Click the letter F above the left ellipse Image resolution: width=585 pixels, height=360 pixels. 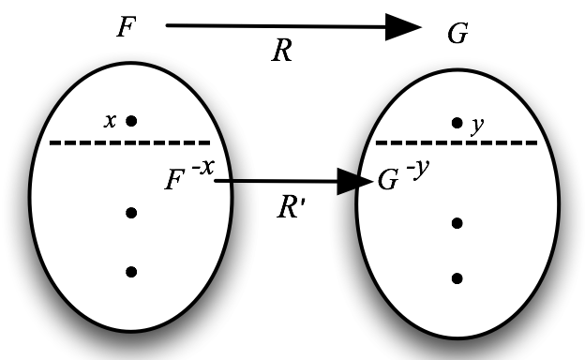125,26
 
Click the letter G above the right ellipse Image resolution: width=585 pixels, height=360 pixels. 458,35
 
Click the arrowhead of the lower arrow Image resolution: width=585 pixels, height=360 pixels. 362,181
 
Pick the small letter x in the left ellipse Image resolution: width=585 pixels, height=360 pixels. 111,120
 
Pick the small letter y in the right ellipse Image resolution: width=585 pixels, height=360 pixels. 477,125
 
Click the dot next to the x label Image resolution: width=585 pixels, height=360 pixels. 131,120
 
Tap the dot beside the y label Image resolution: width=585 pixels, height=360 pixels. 457,122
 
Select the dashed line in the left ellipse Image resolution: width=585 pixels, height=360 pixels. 129,142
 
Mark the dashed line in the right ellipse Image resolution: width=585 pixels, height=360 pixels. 456,143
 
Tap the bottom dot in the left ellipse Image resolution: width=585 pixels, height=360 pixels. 131,272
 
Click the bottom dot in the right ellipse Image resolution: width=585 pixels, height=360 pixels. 457,277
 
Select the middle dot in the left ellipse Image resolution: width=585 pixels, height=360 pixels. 131,213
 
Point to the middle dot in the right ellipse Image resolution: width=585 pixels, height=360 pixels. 457,222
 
